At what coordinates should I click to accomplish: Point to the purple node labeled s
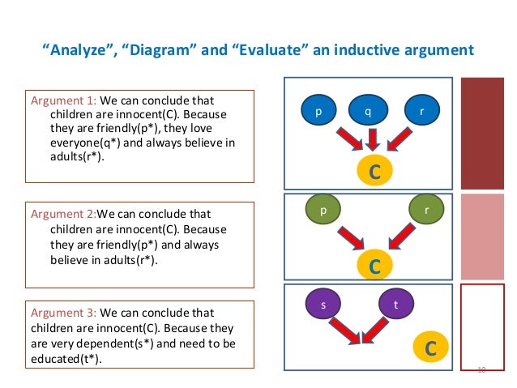323,305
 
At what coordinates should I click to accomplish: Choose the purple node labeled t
395,305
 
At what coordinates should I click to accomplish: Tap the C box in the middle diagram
374,265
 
